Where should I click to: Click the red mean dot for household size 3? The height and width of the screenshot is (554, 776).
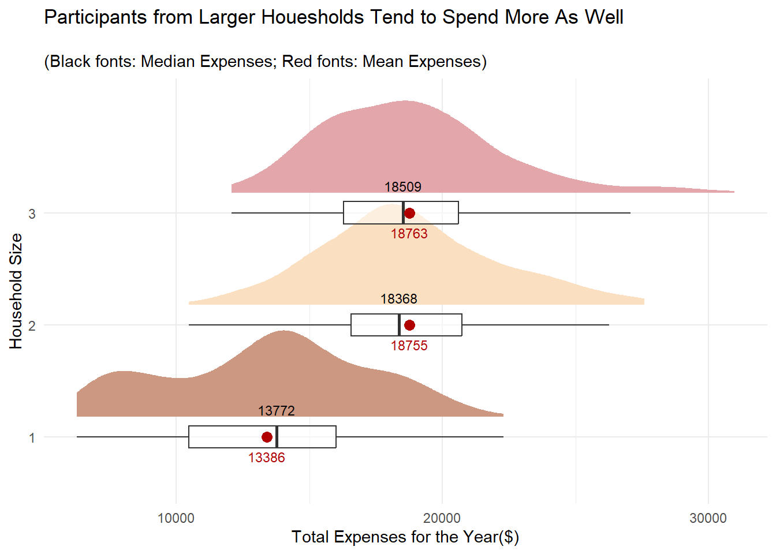tap(409, 214)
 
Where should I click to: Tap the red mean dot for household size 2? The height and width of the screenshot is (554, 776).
tap(409, 325)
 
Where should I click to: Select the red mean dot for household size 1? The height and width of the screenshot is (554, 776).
tap(267, 437)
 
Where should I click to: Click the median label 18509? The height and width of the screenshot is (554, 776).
tap(403, 187)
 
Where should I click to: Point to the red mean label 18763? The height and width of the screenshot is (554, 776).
tap(409, 234)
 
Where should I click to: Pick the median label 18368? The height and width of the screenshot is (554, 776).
tap(399, 299)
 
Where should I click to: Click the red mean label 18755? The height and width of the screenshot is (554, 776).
tap(409, 346)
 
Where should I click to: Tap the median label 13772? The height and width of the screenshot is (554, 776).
tap(277, 411)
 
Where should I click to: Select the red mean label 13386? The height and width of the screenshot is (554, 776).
tap(267, 458)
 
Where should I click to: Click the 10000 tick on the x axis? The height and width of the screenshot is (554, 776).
tap(176, 518)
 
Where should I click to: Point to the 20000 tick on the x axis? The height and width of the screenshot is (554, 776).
tap(442, 518)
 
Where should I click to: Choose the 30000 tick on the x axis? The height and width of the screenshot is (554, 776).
tap(708, 518)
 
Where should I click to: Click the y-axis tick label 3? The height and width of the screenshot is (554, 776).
tap(32, 214)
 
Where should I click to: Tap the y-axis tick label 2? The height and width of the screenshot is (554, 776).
tap(32, 326)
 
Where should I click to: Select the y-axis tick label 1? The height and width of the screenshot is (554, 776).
tap(32, 438)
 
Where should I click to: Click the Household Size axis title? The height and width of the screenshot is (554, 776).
tap(16, 291)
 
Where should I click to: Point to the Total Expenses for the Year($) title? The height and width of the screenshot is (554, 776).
tap(405, 537)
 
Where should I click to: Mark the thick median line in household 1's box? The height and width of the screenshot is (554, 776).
tap(277, 437)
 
